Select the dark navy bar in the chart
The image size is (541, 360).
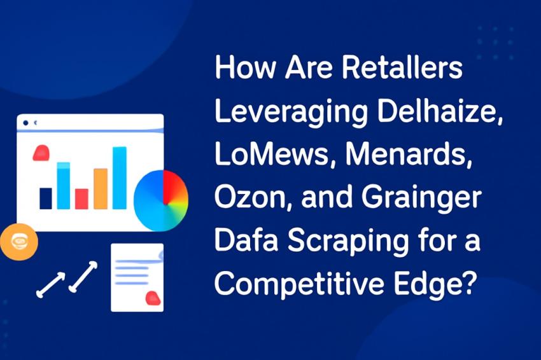click(46, 198)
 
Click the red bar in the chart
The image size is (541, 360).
click(81, 198)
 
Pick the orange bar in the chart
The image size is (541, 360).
click(101, 188)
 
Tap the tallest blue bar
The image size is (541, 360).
click(119, 177)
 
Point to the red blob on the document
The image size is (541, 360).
click(152, 297)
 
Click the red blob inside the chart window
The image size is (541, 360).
click(41, 152)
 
